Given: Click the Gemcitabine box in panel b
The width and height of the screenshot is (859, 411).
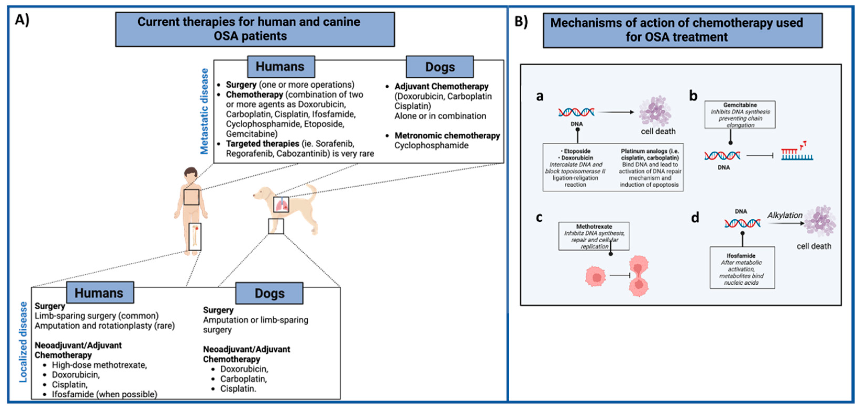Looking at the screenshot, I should [740, 115].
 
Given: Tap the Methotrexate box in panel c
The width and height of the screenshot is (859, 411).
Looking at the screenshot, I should [594, 236].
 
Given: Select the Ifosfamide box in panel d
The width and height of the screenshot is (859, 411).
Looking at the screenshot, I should [742, 268].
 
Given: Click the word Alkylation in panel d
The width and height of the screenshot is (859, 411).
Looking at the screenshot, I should [785, 215].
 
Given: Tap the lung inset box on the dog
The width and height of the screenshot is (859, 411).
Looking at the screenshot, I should [281, 204].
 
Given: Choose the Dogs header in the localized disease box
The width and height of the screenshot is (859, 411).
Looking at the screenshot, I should [269, 293].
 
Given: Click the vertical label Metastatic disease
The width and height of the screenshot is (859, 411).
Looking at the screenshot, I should [204, 111].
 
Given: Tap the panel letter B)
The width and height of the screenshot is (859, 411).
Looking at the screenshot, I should [521, 21].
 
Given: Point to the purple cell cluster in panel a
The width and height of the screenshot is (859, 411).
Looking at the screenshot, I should [654, 111].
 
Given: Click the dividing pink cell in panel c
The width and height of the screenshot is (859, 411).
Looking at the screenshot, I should [639, 276].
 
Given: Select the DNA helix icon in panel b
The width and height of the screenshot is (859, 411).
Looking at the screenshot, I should [722, 155].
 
